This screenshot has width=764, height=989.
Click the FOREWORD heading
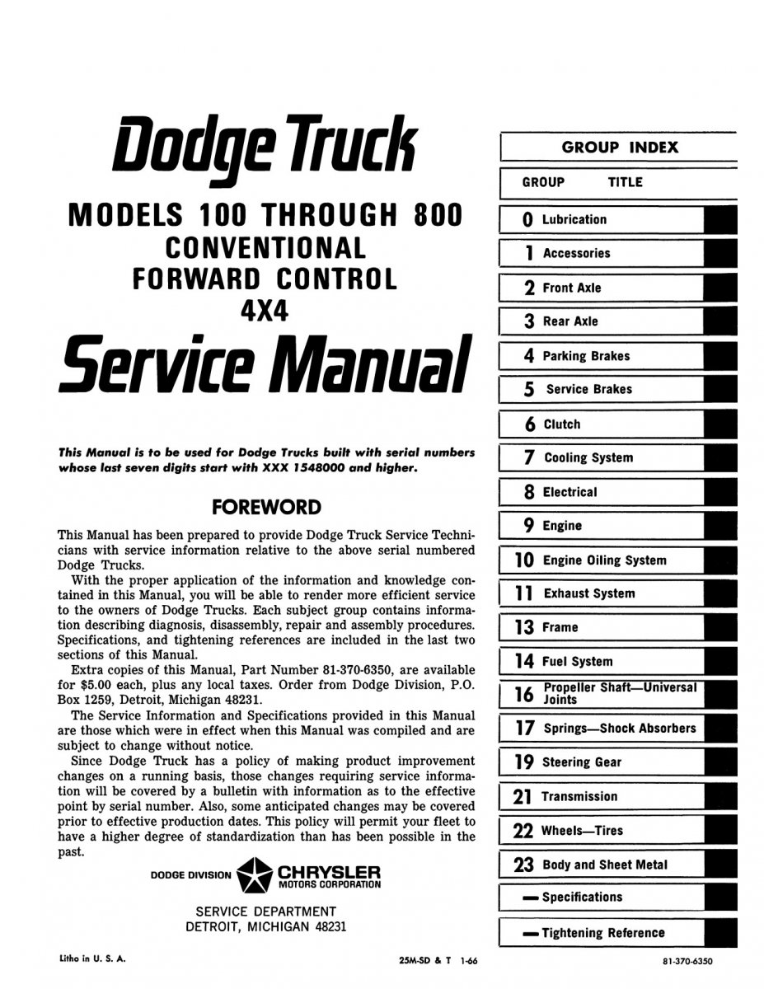coord(266,506)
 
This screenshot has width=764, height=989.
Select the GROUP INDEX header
coord(620,148)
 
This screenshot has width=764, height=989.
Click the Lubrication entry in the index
coord(574,219)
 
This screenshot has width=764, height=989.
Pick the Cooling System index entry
coord(588,457)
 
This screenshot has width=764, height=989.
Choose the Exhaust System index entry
coord(588,593)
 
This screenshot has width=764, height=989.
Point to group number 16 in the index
coord(524,694)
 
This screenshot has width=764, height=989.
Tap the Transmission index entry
coord(579,797)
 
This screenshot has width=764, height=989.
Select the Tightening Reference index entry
coord(602,933)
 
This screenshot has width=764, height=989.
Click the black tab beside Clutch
coord(721,424)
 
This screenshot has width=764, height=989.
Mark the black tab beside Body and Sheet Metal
coord(721,865)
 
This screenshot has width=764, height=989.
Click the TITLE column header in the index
coord(625,182)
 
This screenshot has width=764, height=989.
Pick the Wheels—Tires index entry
coord(582,831)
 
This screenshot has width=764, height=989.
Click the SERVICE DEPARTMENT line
coord(265,912)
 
